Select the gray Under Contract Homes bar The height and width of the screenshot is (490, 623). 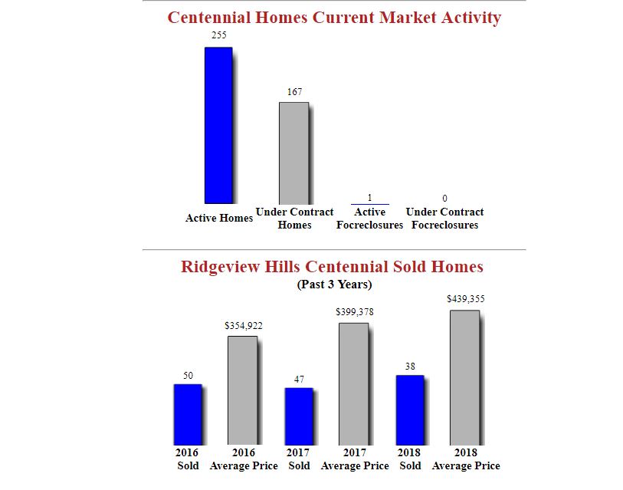point(293,153)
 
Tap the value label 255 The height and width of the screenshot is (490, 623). point(219,35)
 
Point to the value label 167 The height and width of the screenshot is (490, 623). point(294,91)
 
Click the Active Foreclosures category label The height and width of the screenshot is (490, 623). point(369,219)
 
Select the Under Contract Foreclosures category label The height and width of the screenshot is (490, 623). point(444,219)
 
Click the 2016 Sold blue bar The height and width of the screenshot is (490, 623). point(188,414)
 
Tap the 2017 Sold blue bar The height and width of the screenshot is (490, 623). point(299,416)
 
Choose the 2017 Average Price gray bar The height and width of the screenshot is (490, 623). point(354,383)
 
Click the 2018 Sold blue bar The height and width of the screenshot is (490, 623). point(410,409)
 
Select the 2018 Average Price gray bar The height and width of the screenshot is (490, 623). point(465,377)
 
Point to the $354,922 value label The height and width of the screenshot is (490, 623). point(243,326)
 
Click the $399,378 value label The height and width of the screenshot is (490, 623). point(354,312)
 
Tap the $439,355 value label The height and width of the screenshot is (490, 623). point(466,299)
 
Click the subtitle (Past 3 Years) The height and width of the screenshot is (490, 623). point(334,284)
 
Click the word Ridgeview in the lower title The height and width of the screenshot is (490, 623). point(221,267)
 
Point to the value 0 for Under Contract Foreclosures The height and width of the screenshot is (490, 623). point(444,199)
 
